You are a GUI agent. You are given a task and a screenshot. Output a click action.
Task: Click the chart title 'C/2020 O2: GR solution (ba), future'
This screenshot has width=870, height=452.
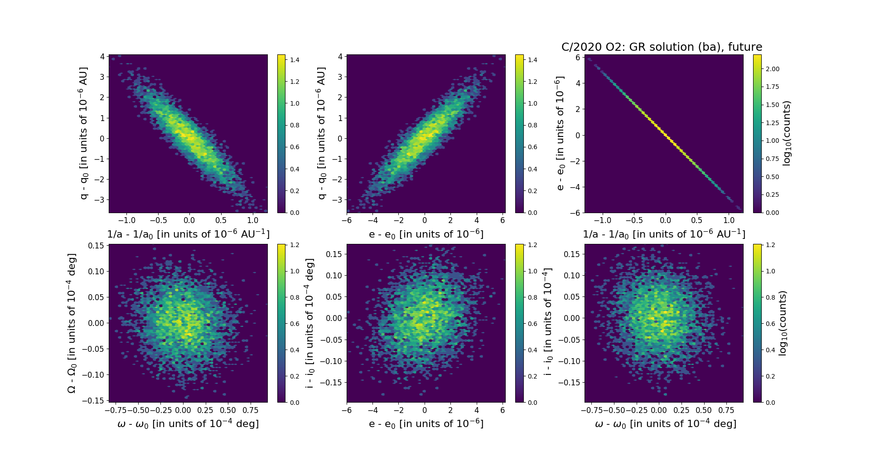point(662,47)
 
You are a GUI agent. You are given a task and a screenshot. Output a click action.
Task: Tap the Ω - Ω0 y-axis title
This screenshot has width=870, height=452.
point(72,323)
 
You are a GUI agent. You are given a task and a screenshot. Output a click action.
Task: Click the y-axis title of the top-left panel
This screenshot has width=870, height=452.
point(83,133)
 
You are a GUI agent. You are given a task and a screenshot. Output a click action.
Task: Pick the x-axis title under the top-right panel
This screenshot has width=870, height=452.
point(664,234)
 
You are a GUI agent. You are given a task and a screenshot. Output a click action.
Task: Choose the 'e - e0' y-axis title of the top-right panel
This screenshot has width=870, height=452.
point(560,133)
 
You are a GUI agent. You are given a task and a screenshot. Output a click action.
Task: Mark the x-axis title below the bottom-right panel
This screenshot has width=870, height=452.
point(665,423)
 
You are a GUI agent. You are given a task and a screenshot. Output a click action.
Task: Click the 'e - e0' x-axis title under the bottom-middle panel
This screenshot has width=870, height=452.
point(426,423)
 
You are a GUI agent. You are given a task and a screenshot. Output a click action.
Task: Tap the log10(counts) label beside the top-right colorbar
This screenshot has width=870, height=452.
point(787,133)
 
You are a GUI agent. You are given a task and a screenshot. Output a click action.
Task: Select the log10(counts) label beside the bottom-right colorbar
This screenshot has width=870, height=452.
point(783,323)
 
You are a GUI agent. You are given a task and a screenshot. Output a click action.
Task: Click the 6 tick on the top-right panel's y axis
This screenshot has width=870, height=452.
point(578,57)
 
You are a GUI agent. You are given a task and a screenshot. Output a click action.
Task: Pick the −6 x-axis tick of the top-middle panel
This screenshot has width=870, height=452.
point(347,220)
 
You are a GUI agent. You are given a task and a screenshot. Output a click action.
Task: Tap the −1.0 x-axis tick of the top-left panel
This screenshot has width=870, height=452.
point(126,220)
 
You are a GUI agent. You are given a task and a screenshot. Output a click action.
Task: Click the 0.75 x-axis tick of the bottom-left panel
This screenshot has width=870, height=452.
point(250,410)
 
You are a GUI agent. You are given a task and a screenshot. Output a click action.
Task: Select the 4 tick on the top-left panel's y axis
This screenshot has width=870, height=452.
point(102,57)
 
